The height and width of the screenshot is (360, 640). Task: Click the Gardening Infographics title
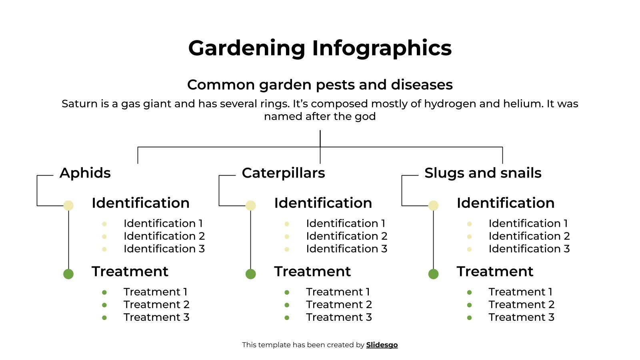pyautogui.click(x=320, y=48)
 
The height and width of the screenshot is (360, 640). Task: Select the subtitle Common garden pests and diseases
pyautogui.click(x=320, y=85)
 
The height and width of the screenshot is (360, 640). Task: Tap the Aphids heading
pyautogui.click(x=85, y=173)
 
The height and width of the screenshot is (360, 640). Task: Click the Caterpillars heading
pyautogui.click(x=283, y=173)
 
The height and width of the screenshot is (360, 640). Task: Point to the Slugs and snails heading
pyautogui.click(x=482, y=173)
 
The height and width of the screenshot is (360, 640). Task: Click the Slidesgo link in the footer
pyautogui.click(x=382, y=345)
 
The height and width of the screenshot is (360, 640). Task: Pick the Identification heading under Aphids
pyautogui.click(x=140, y=203)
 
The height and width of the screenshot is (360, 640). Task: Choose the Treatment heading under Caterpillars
pyautogui.click(x=312, y=272)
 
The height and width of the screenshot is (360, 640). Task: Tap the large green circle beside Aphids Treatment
pyautogui.click(x=68, y=274)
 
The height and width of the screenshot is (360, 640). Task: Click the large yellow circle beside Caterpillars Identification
pyautogui.click(x=250, y=206)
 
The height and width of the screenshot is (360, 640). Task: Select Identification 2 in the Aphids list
pyautogui.click(x=164, y=236)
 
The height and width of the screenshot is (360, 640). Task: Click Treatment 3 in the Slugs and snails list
pyautogui.click(x=521, y=317)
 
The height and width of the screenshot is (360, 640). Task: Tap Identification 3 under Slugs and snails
pyautogui.click(x=529, y=249)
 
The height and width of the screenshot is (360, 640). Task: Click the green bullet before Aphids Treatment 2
pyautogui.click(x=104, y=305)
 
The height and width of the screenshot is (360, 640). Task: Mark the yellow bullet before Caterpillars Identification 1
pyautogui.click(x=287, y=224)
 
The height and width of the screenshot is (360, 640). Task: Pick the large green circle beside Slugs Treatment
pyautogui.click(x=433, y=274)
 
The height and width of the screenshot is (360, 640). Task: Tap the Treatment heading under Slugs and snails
pyautogui.click(x=495, y=272)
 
